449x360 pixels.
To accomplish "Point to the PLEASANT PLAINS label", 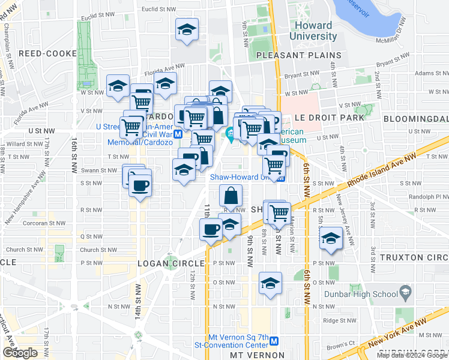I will click(298, 55).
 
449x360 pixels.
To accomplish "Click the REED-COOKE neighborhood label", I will click(48, 53).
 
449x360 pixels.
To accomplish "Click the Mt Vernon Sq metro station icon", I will click(274, 341).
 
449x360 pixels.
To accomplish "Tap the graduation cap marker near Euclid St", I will click(187, 29).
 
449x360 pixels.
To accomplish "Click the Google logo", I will click(20, 353).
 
